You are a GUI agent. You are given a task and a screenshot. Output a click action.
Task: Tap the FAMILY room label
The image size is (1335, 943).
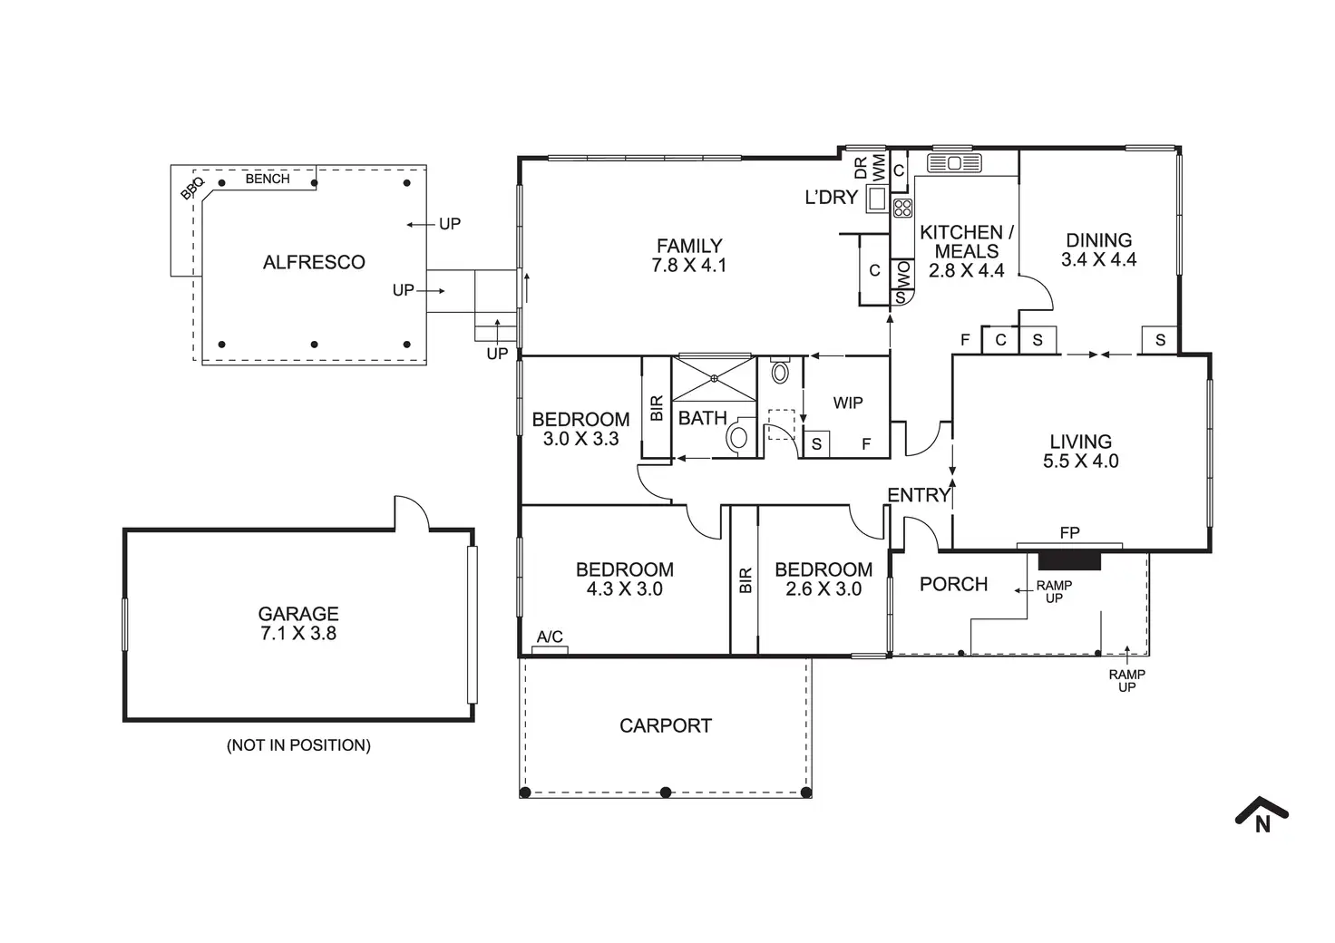coord(689,246)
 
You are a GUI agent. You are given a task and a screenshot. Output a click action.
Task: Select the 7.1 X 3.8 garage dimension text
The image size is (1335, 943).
coord(298,634)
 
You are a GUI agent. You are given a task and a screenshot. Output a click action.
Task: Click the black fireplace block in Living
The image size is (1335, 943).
coord(1069,559)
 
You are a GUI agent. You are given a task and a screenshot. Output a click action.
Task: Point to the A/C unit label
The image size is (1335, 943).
coord(550,637)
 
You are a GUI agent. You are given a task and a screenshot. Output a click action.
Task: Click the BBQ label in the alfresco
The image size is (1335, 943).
coord(192,189)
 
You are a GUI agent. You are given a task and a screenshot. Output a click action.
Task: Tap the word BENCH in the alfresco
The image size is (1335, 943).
coord(268,179)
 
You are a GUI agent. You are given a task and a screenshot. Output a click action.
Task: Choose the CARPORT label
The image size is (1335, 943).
coord(666,725)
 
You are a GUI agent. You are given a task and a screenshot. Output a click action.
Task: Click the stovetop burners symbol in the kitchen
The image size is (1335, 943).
coord(901,208)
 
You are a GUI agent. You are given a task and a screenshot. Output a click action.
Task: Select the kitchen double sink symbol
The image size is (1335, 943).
coord(954,163)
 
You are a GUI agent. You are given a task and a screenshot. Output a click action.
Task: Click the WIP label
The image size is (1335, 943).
coord(848,403)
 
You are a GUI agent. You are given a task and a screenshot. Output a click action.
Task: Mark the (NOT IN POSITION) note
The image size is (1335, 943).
coord(298,745)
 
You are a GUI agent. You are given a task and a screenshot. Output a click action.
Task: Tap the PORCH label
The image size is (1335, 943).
coord(953,584)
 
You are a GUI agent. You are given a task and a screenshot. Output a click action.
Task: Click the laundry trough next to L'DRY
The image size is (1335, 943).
coord(877,198)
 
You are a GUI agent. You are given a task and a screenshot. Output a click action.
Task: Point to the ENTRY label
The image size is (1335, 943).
coord(918,495)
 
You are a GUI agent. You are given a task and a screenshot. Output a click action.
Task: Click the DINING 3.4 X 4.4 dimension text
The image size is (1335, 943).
coord(1098,259)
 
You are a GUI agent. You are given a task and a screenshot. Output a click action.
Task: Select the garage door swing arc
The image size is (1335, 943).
coord(411,510)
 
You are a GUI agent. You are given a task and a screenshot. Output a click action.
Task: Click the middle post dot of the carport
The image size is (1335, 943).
coord(666,792)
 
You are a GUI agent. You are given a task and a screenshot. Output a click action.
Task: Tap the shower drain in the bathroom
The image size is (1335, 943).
coord(715,378)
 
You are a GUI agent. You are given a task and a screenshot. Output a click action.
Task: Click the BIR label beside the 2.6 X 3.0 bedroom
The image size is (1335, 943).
coord(745,580)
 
